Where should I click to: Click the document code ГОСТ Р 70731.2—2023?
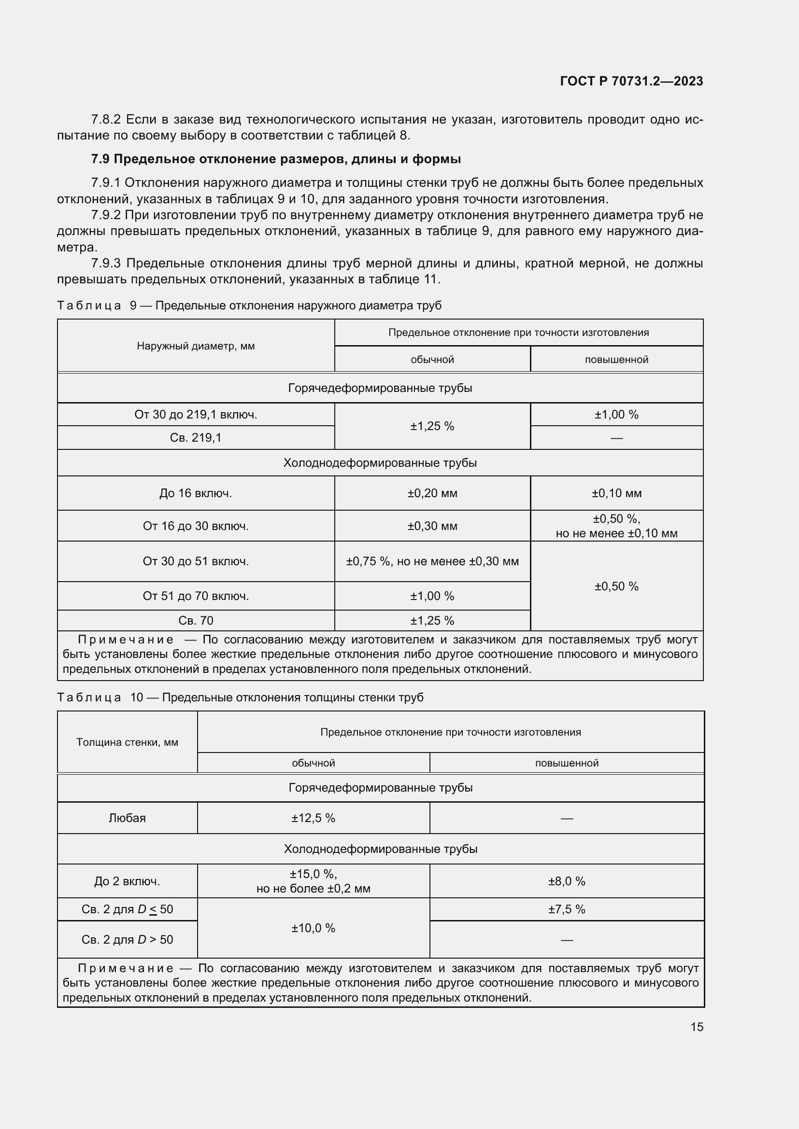coord(631,81)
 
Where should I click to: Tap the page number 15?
coord(697,1027)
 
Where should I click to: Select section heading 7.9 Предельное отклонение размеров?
coord(276,159)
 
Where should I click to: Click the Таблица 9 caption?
coord(249,306)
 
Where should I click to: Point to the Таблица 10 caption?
coord(240,697)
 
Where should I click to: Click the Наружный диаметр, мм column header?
coord(196,346)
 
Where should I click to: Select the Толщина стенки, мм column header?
coord(127,742)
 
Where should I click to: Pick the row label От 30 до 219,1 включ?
coord(196,415)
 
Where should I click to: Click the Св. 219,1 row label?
coord(196,438)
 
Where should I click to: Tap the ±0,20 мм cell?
coord(432,493)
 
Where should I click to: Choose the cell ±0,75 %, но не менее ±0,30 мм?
coord(432,561)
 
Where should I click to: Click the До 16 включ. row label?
coord(196,493)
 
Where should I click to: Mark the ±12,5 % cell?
coord(313,818)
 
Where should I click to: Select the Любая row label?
coord(127,818)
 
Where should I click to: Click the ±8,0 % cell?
coord(567,881)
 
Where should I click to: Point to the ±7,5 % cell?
coord(567,909)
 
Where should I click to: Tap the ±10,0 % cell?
coord(313,928)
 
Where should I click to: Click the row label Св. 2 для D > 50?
coord(127,940)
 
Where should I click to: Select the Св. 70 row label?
coord(196,621)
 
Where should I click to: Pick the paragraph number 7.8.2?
coord(106,120)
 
